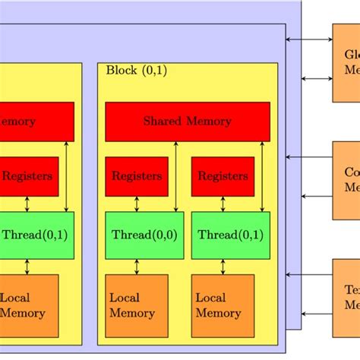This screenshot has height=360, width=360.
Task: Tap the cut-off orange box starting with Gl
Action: coord(346,62)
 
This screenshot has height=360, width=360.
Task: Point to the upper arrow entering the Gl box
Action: coord(309,39)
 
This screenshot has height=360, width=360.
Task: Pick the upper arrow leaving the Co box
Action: coord(309,158)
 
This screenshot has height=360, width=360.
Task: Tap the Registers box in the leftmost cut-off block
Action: coord(28,176)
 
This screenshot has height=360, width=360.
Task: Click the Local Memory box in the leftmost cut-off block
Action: coord(28,305)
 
